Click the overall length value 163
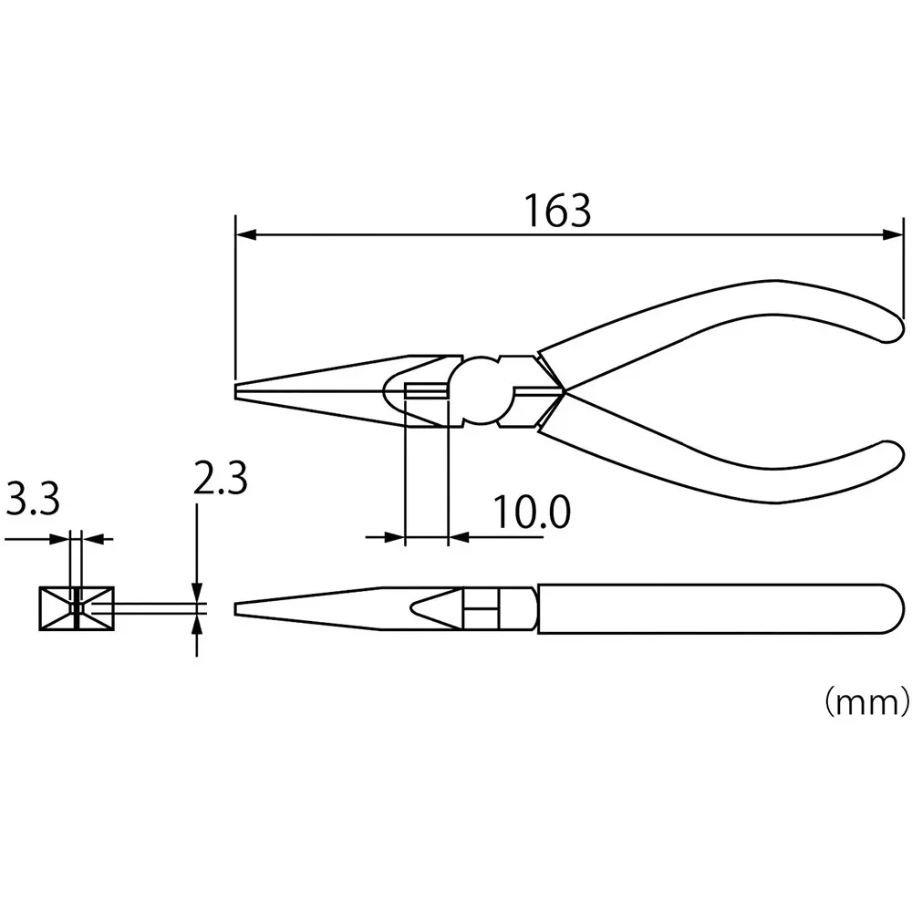pyautogui.click(x=557, y=211)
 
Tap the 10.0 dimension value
pyautogui.click(x=532, y=513)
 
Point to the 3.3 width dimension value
pyautogui.click(x=33, y=499)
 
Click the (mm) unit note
pyautogui.click(x=866, y=700)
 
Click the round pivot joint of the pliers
pyautogui.click(x=483, y=391)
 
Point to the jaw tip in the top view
pyautogui.click(x=238, y=391)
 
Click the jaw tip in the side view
pyautogui.click(x=239, y=608)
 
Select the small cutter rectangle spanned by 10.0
pyautogui.click(x=426, y=392)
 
